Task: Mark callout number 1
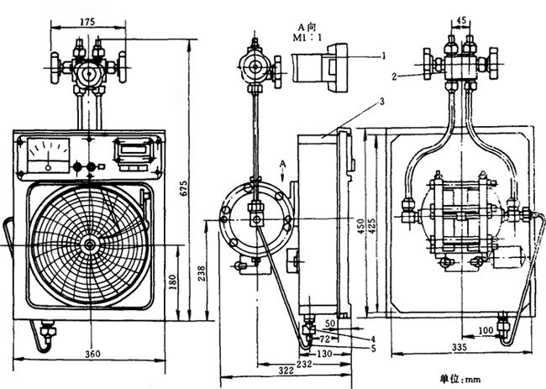point(382,55)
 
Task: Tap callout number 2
point(392,76)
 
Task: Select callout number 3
point(381,100)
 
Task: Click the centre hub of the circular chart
point(89,244)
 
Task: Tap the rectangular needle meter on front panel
point(50,154)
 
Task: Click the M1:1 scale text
point(302,38)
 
